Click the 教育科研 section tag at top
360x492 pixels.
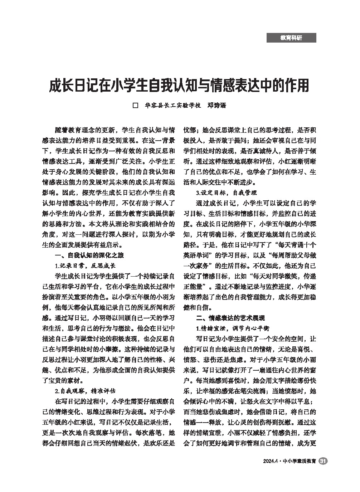291,38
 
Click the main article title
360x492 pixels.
179,86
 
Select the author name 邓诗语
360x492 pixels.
217,106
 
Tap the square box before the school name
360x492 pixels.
136,106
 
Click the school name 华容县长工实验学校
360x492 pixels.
172,106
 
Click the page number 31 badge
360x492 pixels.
323,461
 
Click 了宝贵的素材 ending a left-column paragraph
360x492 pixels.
63,380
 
